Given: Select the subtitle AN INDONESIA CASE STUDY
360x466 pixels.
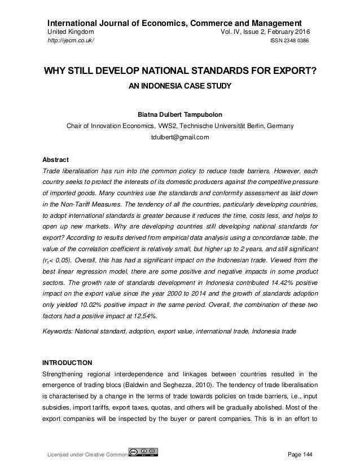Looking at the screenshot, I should (x=179, y=88).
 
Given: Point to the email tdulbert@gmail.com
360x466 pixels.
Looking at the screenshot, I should (x=179, y=137).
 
